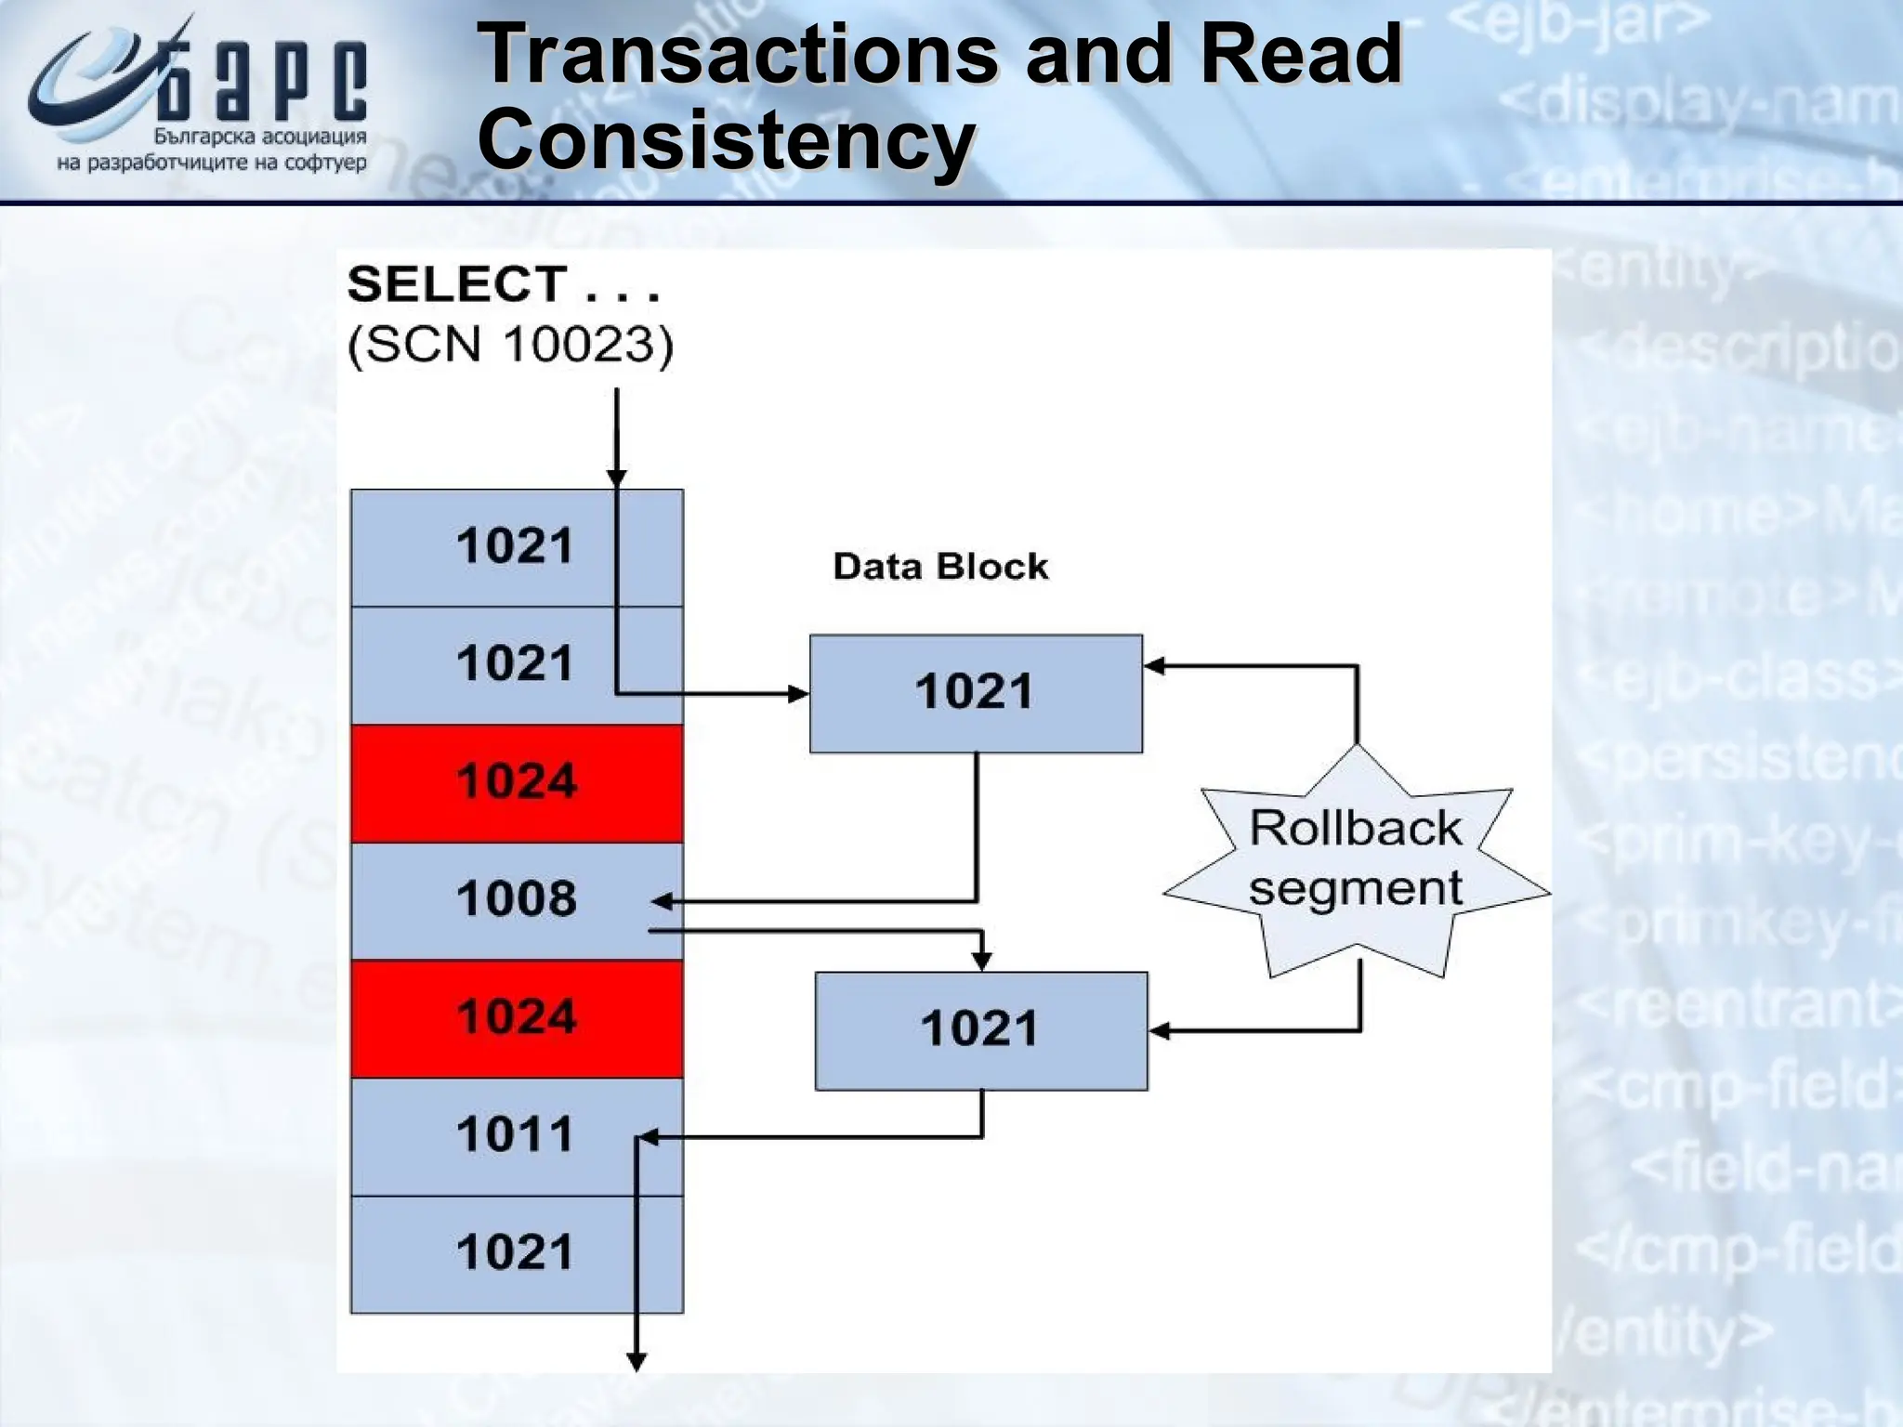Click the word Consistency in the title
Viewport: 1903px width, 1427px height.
click(726, 140)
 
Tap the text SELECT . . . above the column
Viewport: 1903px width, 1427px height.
click(503, 284)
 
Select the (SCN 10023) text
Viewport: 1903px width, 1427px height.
click(510, 345)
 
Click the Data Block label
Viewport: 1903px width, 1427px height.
click(940, 567)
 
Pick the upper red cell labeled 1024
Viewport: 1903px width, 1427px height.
click(517, 782)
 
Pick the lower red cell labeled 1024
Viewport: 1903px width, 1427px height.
click(517, 1018)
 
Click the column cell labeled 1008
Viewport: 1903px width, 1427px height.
click(517, 899)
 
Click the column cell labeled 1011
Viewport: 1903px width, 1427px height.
click(517, 1135)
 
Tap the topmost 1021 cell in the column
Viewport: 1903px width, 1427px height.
click(517, 546)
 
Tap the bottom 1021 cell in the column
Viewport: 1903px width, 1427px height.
click(517, 1253)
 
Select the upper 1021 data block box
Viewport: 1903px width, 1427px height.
click(976, 693)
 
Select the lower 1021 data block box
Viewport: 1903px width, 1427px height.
click(980, 1030)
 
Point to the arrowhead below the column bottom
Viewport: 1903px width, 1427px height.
click(637, 1362)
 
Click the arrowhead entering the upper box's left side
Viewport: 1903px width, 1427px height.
click(799, 693)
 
